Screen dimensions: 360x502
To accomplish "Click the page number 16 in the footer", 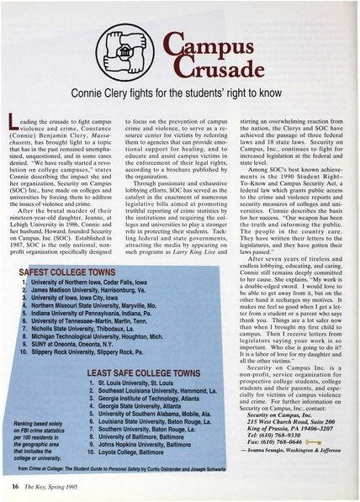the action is [x=17, y=487].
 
